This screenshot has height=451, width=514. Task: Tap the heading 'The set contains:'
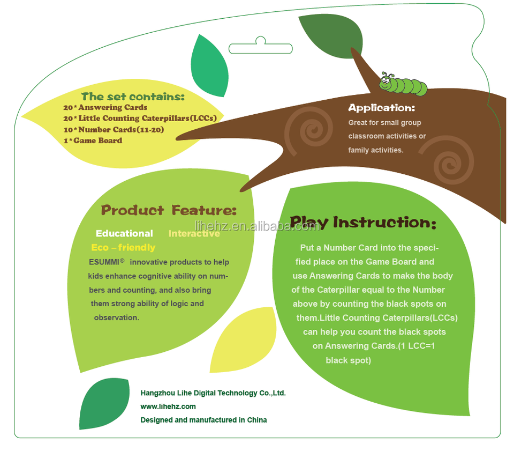(133, 97)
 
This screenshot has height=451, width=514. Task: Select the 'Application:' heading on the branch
(381, 108)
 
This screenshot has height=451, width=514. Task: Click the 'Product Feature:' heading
(169, 210)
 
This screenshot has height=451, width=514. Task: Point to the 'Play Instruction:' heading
(363, 222)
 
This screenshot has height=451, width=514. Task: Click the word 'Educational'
(124, 234)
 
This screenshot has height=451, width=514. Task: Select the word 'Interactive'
(194, 234)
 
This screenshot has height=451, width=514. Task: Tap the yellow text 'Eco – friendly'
(123, 248)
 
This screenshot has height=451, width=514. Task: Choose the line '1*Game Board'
(92, 141)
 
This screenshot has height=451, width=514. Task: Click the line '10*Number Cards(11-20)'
(114, 130)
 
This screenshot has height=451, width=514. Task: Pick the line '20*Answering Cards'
(105, 108)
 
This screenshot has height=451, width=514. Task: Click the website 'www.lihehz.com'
(168, 406)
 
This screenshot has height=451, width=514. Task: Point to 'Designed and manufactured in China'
(203, 420)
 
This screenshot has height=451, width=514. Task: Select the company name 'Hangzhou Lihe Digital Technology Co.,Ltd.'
(213, 393)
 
